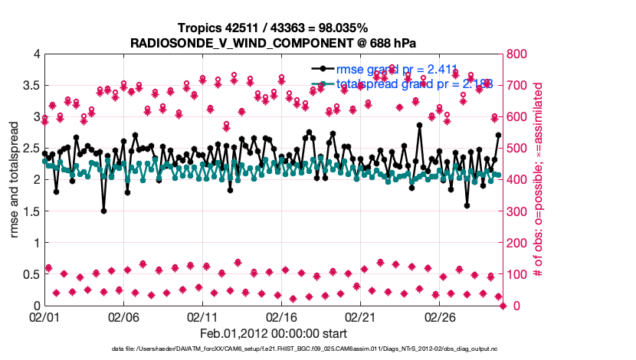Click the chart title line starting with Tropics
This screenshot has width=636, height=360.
click(x=274, y=28)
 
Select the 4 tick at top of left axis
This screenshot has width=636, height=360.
click(x=35, y=54)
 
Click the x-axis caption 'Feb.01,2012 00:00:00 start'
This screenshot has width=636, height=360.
click(x=274, y=333)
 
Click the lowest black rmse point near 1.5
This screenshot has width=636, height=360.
click(x=103, y=211)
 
